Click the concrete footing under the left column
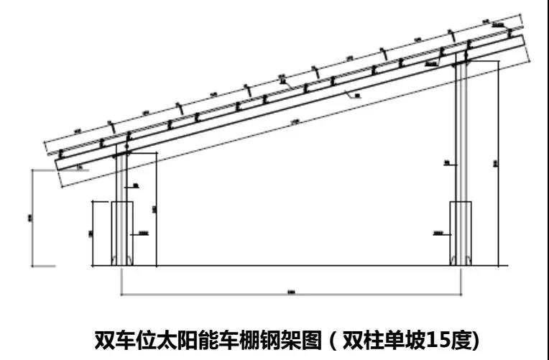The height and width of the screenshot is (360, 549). tap(112, 234)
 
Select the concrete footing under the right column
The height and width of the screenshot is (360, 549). tap(460, 234)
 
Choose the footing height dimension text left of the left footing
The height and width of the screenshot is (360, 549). tap(91, 234)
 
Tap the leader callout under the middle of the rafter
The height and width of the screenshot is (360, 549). tap(357, 93)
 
